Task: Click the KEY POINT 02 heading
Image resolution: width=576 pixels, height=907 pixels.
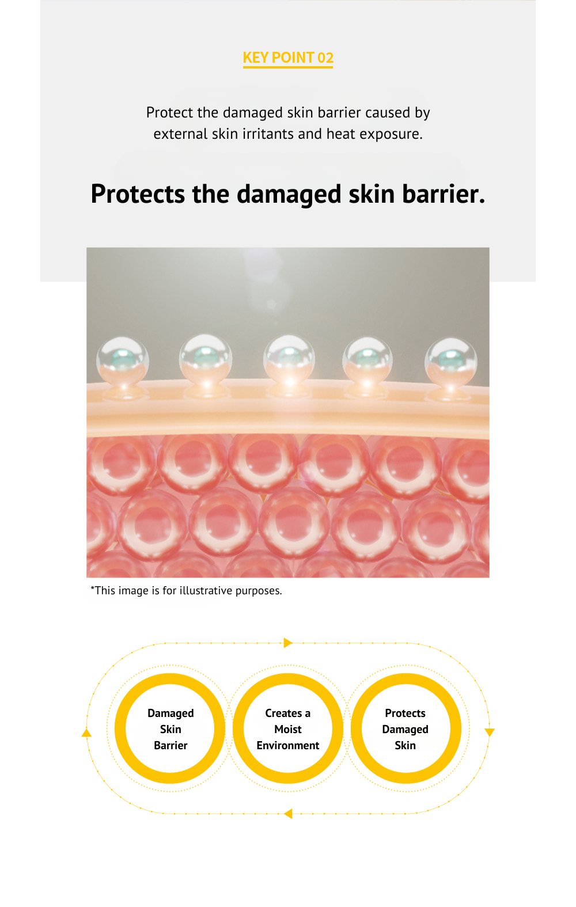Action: [288, 58]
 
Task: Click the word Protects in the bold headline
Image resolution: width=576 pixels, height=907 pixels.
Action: [138, 194]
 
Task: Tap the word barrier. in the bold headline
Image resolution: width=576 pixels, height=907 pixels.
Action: [444, 194]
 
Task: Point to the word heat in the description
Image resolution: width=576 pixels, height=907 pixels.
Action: [340, 134]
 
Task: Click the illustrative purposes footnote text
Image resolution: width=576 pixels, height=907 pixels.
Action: [186, 591]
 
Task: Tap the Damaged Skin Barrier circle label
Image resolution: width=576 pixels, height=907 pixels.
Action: [170, 729]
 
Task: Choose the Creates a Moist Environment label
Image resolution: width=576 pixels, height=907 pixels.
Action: [288, 729]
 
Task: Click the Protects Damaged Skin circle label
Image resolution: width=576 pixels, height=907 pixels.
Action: [405, 729]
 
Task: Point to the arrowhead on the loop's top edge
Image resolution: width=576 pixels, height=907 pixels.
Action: [288, 643]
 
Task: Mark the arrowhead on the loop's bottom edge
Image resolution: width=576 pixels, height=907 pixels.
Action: [288, 814]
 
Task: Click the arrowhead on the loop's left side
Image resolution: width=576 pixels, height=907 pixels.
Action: [86, 733]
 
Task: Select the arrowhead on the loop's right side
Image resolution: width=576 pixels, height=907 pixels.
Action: [490, 733]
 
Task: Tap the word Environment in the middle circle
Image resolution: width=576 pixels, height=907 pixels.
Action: [288, 745]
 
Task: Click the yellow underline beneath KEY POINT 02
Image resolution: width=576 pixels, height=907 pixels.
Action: [288, 67]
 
